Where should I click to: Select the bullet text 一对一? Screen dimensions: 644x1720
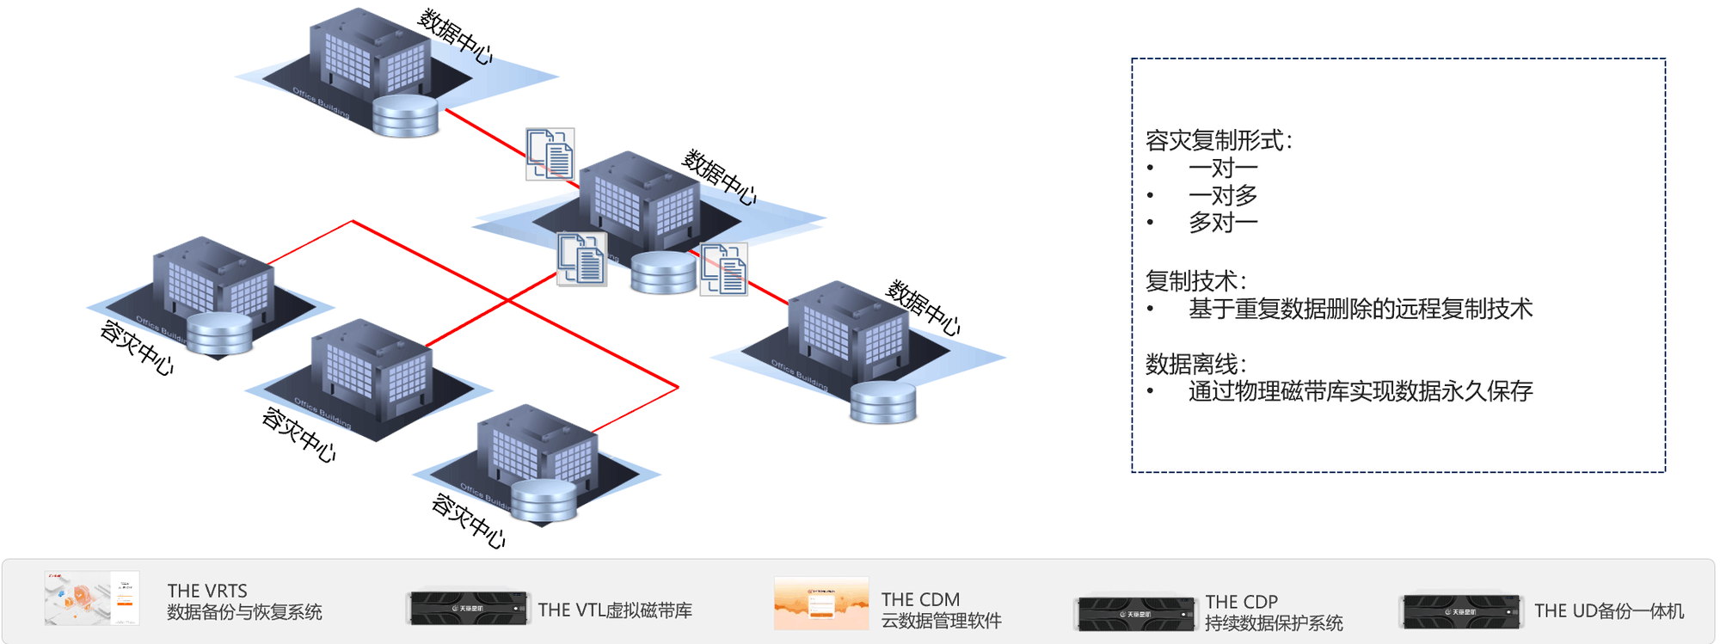[1223, 168]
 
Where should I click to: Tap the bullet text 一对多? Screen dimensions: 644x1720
[1223, 195]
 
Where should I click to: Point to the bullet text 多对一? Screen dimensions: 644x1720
[1223, 223]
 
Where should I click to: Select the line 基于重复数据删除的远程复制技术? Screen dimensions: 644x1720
[1361, 309]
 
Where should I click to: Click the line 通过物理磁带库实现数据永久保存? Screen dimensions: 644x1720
[1361, 391]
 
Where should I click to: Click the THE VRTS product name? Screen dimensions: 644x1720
[207, 591]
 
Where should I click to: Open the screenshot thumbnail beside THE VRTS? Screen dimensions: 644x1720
[92, 598]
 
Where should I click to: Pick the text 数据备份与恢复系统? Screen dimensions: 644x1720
[244, 612]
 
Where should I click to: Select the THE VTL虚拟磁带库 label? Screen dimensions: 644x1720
[615, 610]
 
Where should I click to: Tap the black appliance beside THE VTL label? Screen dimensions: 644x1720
[468, 608]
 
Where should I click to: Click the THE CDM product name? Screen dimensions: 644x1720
[920, 599]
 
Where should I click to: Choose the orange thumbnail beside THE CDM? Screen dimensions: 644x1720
[821, 603]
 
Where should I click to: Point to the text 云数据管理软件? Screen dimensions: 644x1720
[941, 621]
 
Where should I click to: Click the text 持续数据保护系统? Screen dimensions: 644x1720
[1274, 623]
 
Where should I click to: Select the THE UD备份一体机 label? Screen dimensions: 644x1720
[1609, 610]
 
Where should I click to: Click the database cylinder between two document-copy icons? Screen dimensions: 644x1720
[663, 273]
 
